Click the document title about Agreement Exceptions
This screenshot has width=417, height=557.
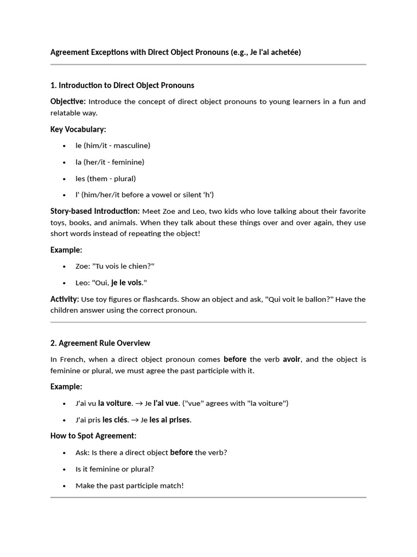175,52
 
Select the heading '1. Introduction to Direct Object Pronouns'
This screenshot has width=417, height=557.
122,85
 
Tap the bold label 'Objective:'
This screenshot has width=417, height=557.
68,102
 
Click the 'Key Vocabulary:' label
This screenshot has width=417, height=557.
78,129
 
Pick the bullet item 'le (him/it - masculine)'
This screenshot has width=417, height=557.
113,146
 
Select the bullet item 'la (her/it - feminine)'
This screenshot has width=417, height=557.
110,162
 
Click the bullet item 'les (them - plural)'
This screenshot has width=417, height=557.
105,178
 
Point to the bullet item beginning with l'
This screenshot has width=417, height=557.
144,195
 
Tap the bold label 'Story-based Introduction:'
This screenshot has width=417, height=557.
95,211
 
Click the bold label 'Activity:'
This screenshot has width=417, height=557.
65,299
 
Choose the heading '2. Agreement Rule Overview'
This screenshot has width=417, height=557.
100,343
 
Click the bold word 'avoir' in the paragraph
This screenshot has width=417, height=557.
292,360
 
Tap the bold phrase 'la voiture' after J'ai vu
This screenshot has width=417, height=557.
115,404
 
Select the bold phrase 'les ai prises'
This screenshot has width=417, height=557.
170,420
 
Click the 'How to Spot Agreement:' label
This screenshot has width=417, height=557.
93,436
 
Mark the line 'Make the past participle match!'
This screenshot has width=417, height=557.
130,486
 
